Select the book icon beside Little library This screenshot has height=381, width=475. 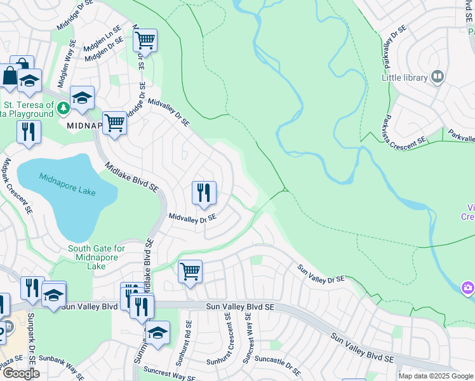pos(438,77)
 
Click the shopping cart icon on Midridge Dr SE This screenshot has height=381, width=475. pos(145,41)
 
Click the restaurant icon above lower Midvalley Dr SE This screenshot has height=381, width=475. pos(204,192)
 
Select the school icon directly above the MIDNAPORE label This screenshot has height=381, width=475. pos(82,98)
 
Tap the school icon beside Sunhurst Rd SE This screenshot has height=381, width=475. pos(157,331)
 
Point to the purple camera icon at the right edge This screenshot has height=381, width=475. pos(468,288)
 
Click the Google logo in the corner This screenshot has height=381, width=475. pos(21,373)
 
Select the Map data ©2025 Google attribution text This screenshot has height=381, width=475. pos(436,376)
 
